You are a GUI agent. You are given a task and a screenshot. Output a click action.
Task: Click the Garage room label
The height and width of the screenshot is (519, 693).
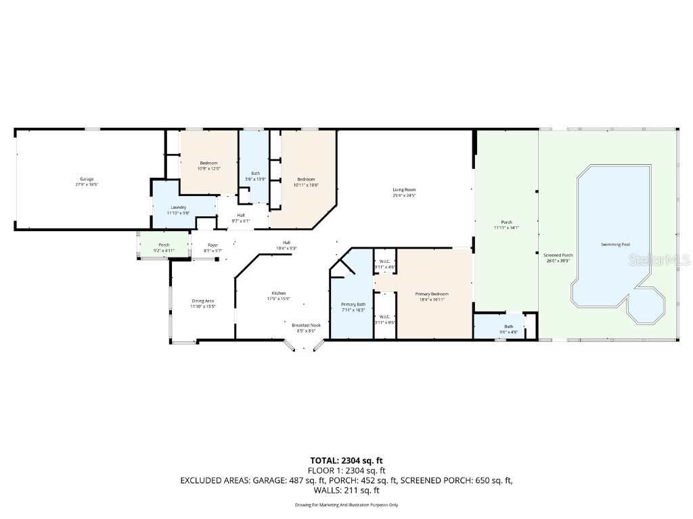tap(87, 179)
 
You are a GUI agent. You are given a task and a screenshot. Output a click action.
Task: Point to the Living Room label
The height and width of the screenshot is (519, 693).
tap(404, 190)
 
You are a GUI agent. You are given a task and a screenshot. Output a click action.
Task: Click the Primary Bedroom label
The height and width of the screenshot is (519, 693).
tap(432, 294)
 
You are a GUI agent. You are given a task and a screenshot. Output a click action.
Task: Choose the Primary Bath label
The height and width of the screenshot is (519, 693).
tap(353, 305)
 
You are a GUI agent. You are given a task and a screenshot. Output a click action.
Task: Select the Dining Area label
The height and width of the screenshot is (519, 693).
tap(203, 301)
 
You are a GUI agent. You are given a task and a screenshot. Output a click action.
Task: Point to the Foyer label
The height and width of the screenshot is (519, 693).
tap(213, 245)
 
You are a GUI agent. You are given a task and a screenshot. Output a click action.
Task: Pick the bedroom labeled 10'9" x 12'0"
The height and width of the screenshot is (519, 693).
tap(208, 164)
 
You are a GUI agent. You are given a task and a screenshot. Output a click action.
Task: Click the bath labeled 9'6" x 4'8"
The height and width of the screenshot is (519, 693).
tap(508, 327)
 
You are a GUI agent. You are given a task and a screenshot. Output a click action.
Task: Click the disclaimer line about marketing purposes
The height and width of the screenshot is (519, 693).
tap(346, 505)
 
